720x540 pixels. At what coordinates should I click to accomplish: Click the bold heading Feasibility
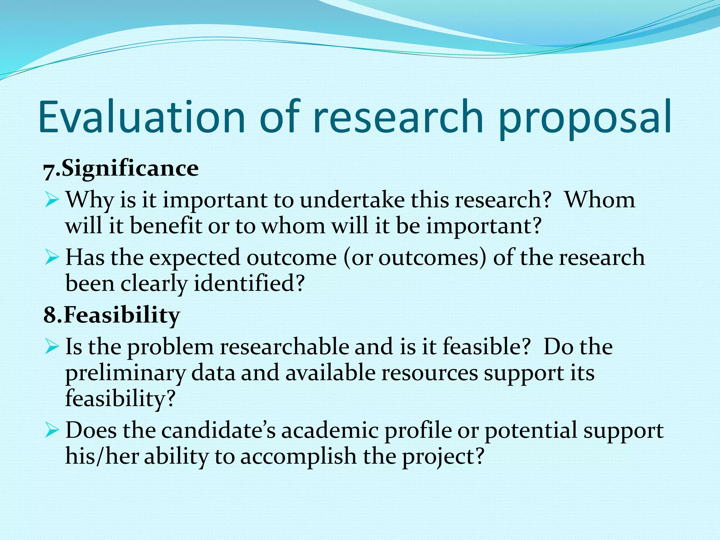122,315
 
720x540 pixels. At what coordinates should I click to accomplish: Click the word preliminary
125,373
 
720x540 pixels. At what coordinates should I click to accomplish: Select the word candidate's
218,430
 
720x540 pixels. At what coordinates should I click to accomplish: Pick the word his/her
102,456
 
